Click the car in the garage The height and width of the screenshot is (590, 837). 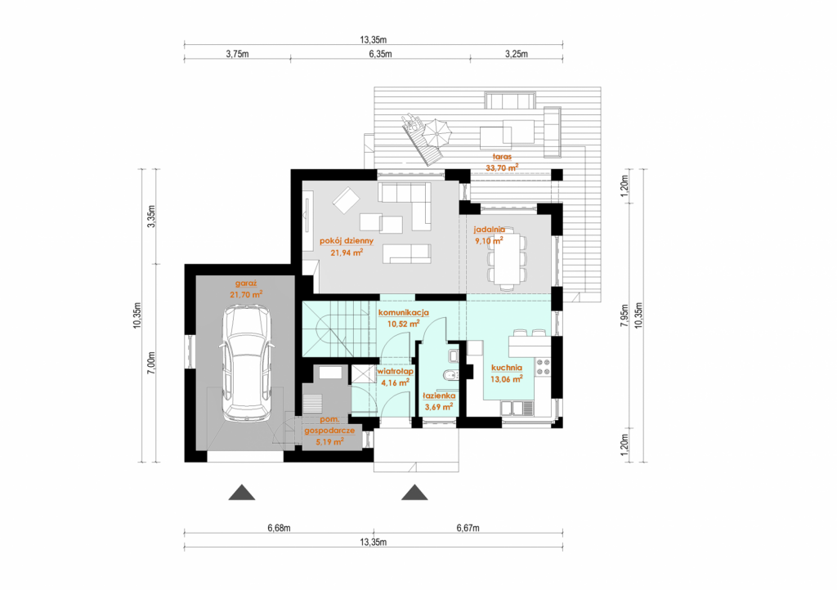point(246,363)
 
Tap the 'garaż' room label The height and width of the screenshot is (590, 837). point(246,284)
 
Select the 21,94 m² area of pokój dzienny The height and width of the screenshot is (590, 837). point(347,253)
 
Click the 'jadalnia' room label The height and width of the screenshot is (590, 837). point(490,230)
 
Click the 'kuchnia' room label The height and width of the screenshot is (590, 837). point(507,368)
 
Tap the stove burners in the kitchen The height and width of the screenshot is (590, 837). point(543,366)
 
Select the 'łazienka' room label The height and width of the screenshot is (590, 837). point(439,396)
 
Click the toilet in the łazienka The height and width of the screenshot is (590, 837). point(451,376)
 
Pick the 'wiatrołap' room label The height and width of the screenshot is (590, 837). point(396,371)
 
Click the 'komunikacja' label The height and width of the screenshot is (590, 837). point(404,313)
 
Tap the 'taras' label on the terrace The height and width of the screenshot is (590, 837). point(503,157)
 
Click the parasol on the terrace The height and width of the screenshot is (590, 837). point(436,132)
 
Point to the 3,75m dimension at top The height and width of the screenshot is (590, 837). point(238,53)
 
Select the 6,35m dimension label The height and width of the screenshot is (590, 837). point(380,53)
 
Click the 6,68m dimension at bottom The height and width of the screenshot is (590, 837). point(280,528)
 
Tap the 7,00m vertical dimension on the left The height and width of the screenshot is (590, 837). point(151,363)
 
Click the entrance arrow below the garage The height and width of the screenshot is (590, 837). point(242,493)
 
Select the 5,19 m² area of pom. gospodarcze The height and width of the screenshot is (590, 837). point(329,442)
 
